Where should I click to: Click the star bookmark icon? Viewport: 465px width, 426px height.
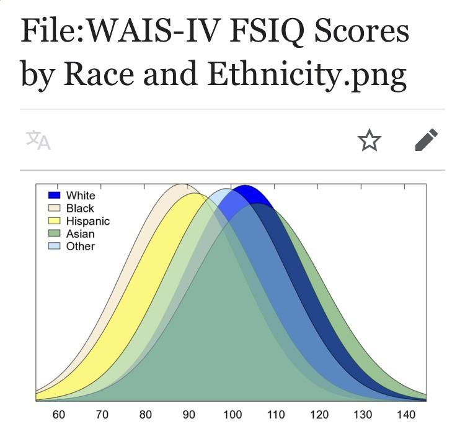(x=370, y=140)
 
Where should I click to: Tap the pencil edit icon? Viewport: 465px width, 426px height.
(x=426, y=140)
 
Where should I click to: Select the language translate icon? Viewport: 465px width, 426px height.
(x=38, y=140)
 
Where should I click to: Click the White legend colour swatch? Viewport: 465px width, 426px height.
(x=55, y=196)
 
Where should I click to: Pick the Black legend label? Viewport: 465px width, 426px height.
(x=80, y=208)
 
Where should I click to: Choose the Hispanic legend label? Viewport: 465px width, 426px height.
(x=88, y=221)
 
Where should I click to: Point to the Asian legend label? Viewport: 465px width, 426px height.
(x=81, y=233)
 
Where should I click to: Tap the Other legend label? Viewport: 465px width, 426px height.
(x=81, y=246)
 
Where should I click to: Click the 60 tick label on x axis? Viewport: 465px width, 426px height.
(x=59, y=415)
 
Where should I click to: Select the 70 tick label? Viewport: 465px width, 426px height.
(x=102, y=415)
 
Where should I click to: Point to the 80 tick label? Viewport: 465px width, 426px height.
(x=146, y=415)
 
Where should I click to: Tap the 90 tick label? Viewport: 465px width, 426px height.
(x=189, y=415)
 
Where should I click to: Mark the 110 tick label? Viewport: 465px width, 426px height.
(x=276, y=415)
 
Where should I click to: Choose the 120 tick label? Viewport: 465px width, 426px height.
(x=319, y=415)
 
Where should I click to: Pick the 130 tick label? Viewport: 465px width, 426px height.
(x=363, y=415)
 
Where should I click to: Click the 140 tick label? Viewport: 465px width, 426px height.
(x=406, y=415)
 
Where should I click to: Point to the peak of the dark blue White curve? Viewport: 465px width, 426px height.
(x=244, y=186)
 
